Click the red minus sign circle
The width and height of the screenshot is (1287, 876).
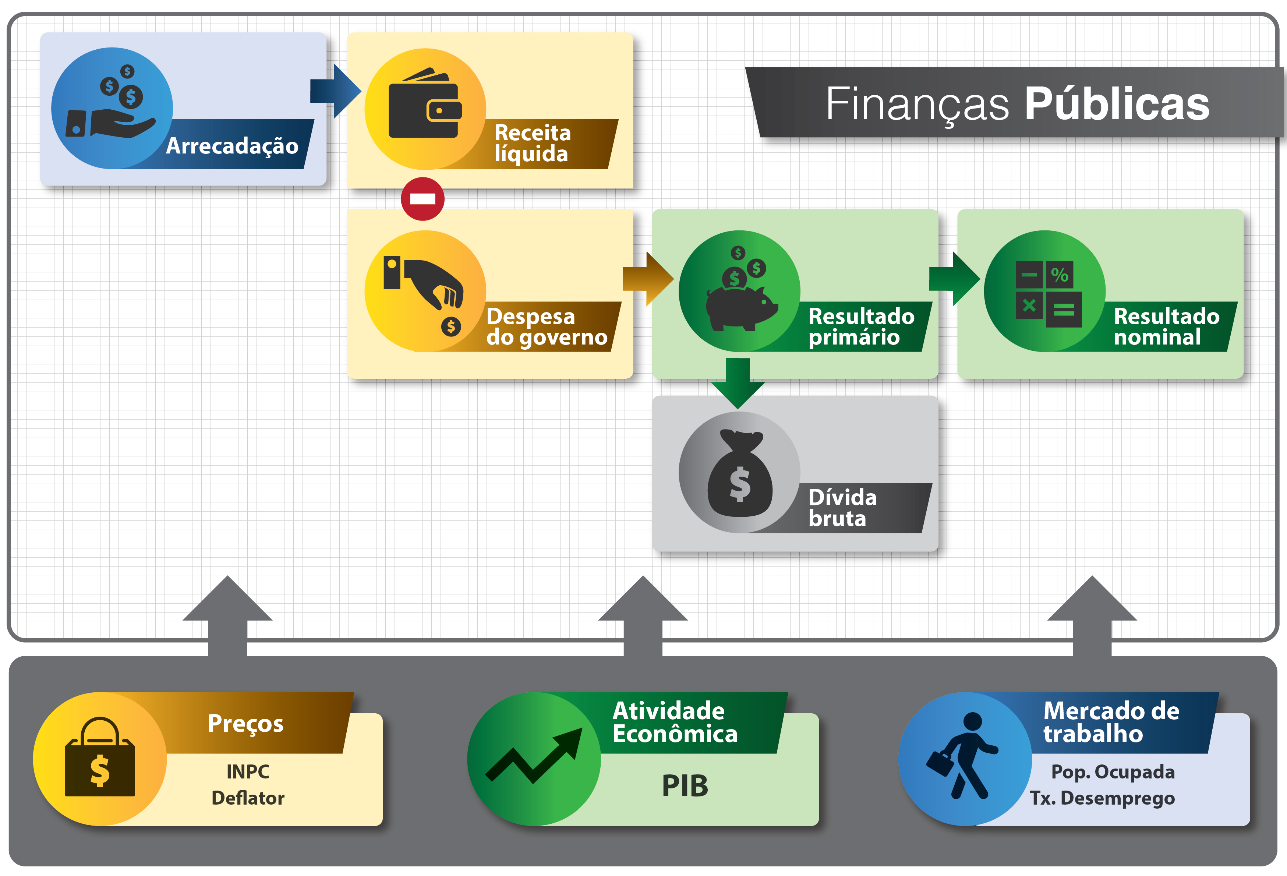coord(422,199)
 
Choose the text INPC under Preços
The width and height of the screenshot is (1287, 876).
coord(248,771)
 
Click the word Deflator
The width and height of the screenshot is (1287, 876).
coord(248,798)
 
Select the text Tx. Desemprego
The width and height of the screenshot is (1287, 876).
coord(1102,798)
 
